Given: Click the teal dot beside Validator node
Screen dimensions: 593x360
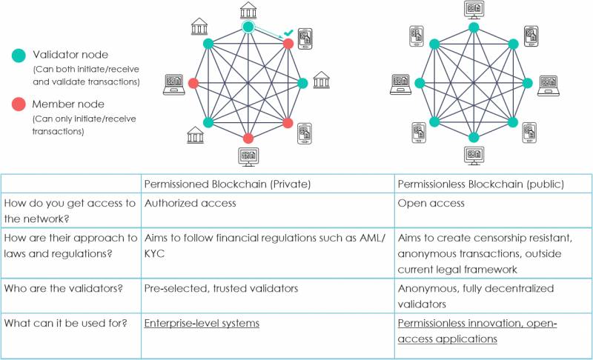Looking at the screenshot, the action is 19,55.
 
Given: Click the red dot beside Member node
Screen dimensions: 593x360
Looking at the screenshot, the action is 19,104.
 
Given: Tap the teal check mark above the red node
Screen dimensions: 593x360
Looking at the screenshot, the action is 288,33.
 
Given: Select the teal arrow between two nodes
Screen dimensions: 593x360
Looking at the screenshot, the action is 268,33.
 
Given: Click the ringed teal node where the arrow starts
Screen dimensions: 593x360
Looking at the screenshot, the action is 248,27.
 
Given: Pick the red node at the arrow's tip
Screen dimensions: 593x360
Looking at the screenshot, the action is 288,44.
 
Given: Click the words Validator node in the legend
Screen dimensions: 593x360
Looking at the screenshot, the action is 70,55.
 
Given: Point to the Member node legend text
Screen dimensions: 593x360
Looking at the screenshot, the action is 68,104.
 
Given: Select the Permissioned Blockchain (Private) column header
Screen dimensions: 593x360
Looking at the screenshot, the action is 228,184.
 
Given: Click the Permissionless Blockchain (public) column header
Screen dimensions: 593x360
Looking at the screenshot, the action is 480,184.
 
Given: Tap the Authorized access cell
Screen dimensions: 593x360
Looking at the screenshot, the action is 191,203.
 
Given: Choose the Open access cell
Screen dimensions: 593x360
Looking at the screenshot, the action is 431,203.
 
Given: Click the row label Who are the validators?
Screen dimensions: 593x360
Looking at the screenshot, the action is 64,288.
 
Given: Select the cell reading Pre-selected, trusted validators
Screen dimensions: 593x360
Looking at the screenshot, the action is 221,288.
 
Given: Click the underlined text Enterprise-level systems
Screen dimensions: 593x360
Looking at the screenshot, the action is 202,324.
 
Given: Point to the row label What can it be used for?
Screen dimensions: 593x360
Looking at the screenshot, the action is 65,323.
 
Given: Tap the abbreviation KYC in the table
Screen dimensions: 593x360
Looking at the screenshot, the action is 154,253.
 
